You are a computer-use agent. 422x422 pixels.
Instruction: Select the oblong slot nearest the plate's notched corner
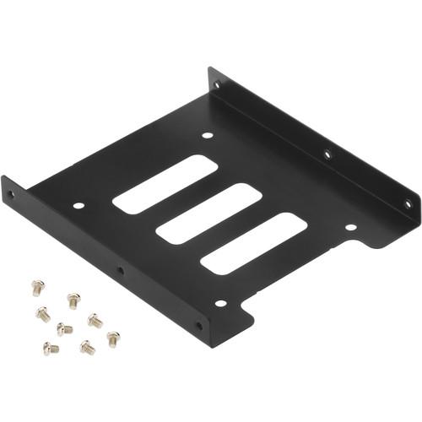252,242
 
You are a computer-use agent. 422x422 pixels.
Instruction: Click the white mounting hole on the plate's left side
78,205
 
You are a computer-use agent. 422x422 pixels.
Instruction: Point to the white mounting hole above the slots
208,134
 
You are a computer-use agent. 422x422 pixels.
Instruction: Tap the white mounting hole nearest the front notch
220,303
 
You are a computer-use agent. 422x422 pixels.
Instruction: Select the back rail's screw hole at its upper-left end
218,85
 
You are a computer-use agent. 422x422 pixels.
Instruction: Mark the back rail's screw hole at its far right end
407,203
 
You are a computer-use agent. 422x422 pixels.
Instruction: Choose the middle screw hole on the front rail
120,270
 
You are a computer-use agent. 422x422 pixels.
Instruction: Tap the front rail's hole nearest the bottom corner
199,325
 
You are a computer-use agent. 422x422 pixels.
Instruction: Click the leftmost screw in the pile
37,288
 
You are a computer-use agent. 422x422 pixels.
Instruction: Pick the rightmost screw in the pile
112,338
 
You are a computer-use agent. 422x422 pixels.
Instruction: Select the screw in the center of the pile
64,328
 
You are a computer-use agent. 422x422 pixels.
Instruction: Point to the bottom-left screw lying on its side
51,348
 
